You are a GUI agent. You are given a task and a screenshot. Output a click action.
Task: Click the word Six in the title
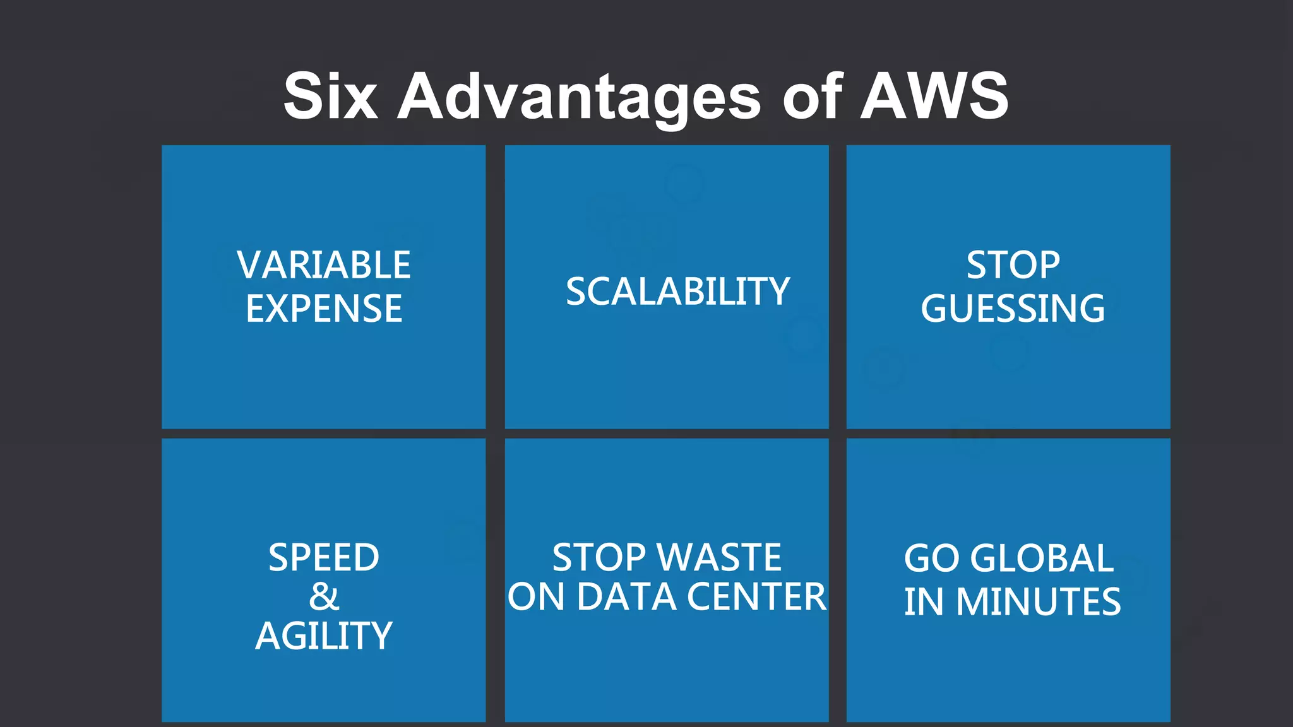(330, 96)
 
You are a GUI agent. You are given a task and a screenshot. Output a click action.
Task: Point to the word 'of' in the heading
(812, 96)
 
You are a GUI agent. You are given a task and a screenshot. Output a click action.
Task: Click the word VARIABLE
(324, 265)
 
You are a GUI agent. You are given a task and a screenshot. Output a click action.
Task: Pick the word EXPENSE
(324, 309)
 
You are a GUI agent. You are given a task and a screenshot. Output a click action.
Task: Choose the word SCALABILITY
(677, 292)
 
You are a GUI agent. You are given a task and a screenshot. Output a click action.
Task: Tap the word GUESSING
(1013, 309)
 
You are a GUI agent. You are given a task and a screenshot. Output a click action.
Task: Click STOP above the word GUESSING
(1013, 265)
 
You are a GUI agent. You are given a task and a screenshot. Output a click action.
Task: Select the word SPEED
(324, 558)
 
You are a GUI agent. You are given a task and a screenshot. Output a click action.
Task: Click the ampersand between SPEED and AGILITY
(324, 597)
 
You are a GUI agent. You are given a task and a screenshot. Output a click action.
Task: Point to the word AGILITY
(324, 635)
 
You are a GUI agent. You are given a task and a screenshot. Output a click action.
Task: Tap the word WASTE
(719, 558)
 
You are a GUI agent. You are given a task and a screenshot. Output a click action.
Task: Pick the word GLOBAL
(1042, 559)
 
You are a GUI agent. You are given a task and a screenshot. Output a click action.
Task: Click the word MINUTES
(1038, 601)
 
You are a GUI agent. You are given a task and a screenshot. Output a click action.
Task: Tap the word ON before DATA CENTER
(536, 597)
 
